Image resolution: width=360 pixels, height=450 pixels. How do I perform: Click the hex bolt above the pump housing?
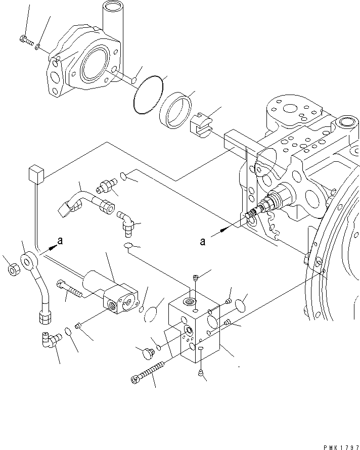click(25, 38)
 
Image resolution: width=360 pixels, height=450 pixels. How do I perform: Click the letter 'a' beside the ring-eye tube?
click(60, 242)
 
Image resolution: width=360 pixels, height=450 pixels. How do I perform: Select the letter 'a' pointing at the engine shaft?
click(203, 242)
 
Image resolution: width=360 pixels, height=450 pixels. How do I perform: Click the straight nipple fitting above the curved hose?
click(107, 187)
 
